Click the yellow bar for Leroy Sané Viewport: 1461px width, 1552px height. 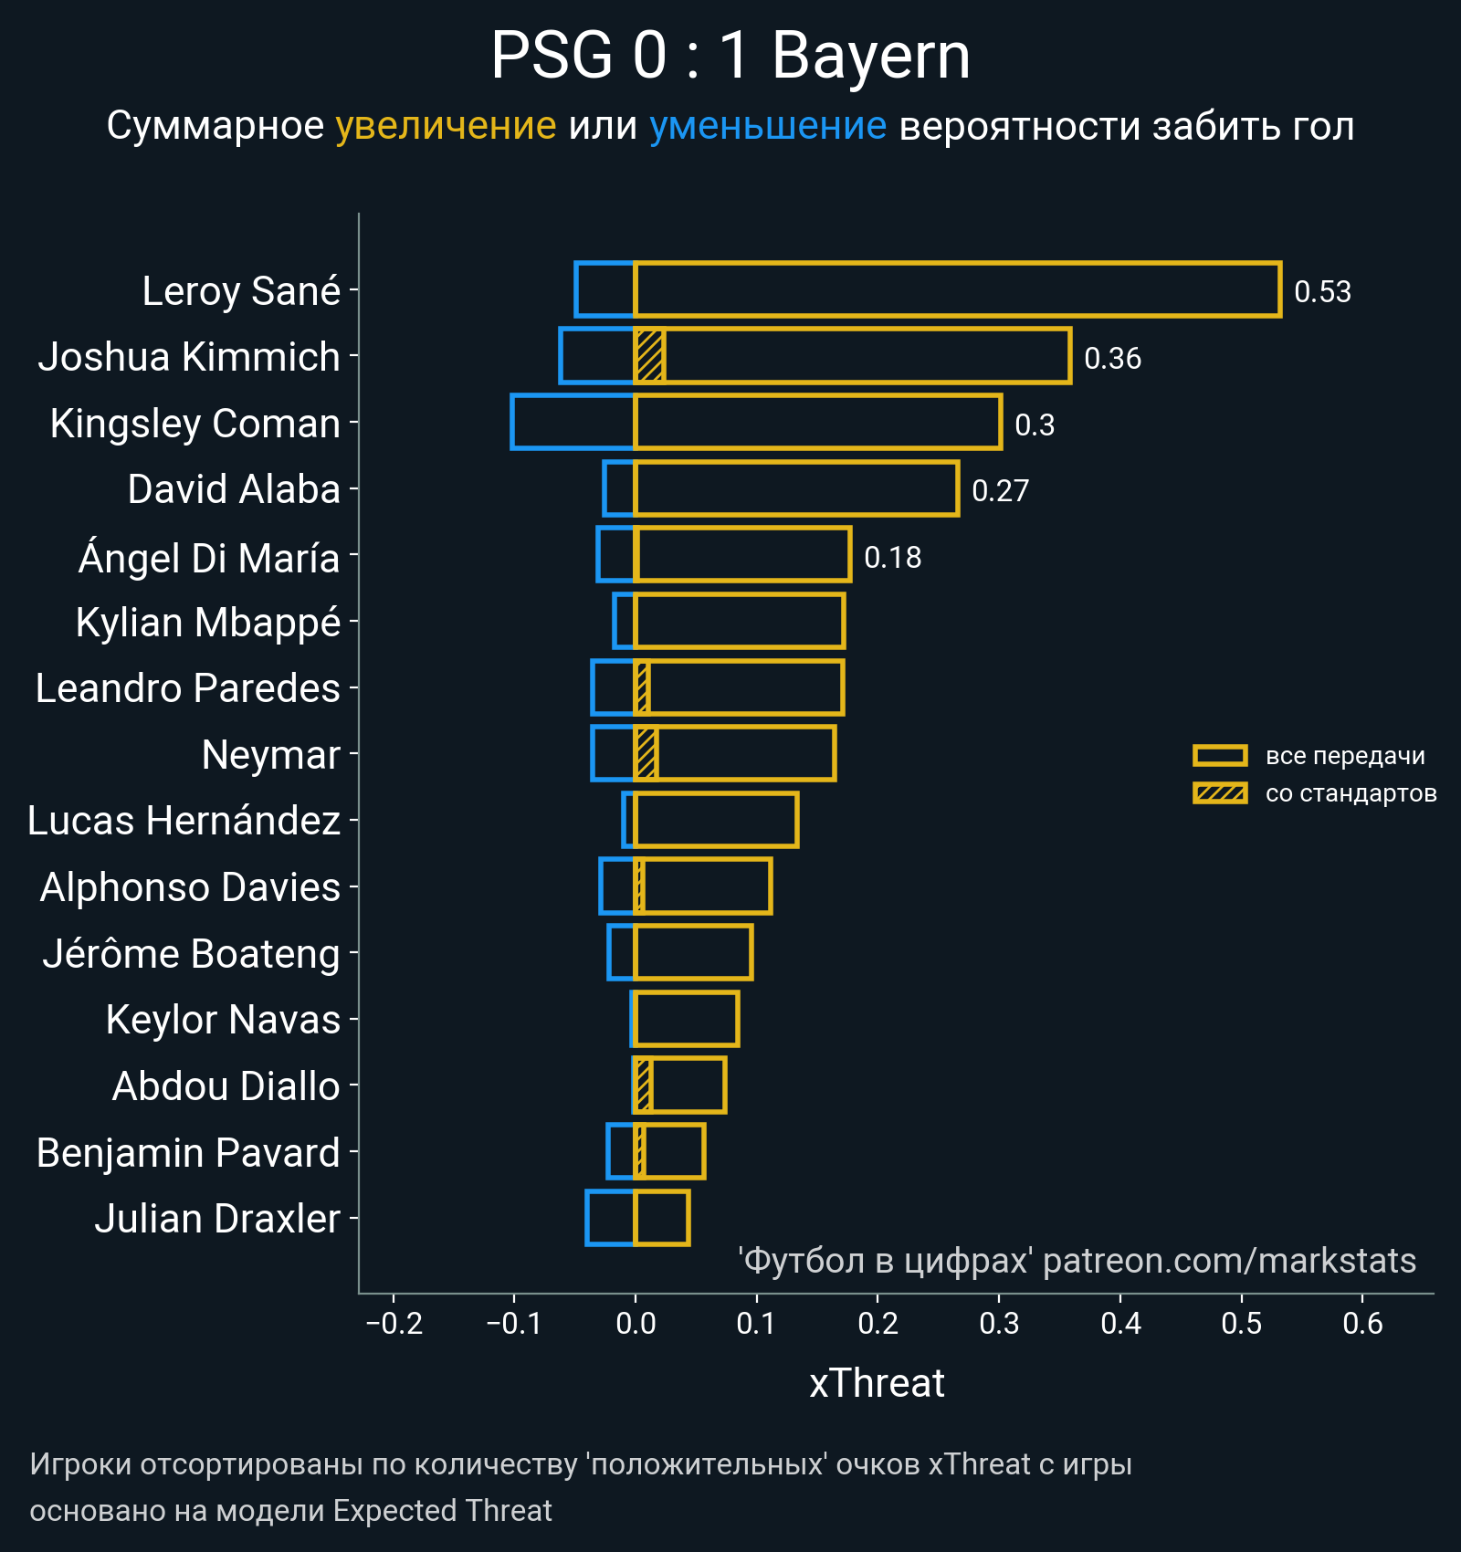click(x=957, y=289)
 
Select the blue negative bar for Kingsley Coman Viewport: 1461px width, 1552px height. click(x=573, y=422)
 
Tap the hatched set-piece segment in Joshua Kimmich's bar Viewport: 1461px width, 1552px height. click(x=649, y=356)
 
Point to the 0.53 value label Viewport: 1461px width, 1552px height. click(x=1322, y=291)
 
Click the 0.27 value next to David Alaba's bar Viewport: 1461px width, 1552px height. click(x=1000, y=490)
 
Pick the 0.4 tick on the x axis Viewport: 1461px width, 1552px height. click(x=1120, y=1323)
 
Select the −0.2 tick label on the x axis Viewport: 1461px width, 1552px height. click(x=394, y=1323)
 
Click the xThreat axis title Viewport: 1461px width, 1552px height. click(x=877, y=1383)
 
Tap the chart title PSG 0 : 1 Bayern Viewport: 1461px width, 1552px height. click(x=730, y=57)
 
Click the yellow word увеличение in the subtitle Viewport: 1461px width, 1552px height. click(x=446, y=126)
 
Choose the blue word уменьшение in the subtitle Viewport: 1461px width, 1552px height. click(x=767, y=126)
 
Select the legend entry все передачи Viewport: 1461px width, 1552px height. click(x=1344, y=756)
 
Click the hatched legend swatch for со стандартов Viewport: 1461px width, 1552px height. click(x=1220, y=792)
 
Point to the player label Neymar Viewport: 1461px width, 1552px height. click(x=270, y=755)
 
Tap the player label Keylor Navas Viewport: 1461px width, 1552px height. click(x=223, y=1020)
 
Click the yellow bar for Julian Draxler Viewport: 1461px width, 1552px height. click(x=662, y=1218)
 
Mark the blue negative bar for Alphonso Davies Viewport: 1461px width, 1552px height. click(x=617, y=886)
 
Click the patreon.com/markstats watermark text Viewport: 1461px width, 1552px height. click(x=1229, y=1261)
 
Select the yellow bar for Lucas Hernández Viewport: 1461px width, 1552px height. click(x=716, y=820)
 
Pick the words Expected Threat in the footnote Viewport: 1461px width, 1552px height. click(x=442, y=1511)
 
